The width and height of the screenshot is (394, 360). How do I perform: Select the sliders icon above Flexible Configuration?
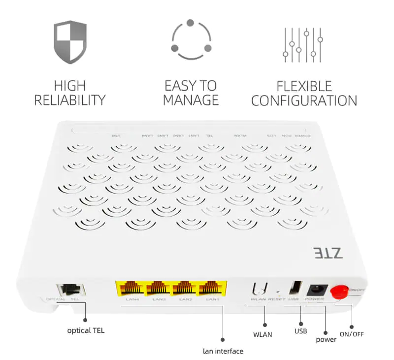pyautogui.click(x=302, y=44)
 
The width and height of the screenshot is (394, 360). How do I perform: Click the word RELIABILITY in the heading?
pyautogui.click(x=70, y=100)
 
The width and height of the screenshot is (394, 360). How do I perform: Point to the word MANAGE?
pyautogui.click(x=191, y=100)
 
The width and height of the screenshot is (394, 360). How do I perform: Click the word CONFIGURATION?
pyautogui.click(x=304, y=100)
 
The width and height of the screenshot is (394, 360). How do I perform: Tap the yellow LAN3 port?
pyautogui.click(x=158, y=289)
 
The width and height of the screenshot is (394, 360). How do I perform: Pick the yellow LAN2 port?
pyautogui.click(x=186, y=289)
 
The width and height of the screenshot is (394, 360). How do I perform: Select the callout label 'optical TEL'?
pyautogui.click(x=86, y=330)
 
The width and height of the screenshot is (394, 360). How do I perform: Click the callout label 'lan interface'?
pyautogui.click(x=223, y=351)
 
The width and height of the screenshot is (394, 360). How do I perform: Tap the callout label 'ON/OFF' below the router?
pyautogui.click(x=351, y=334)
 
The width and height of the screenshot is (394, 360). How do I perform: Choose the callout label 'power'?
pyautogui.click(x=326, y=339)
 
